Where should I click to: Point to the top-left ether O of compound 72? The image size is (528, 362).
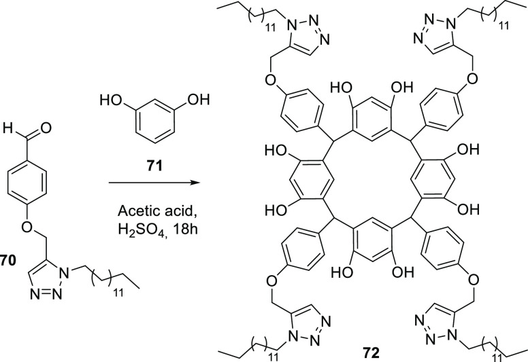click(x=251, y=82)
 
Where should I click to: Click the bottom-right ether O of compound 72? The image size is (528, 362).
click(x=478, y=281)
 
